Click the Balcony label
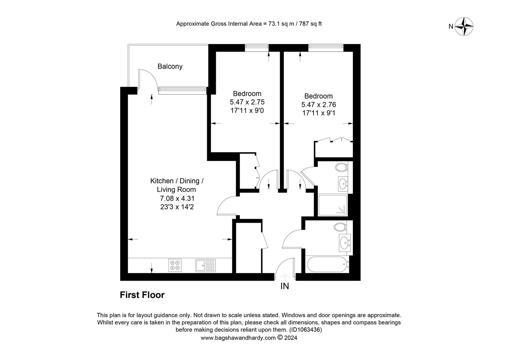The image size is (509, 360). (170, 66)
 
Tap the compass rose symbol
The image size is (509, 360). (464, 27)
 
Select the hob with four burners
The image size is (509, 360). (175, 265)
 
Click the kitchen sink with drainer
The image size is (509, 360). (205, 265)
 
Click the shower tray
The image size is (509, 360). (333, 205)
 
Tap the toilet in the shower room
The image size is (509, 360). (341, 168)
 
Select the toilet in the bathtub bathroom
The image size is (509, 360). (340, 227)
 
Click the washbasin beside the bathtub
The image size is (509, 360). (345, 243)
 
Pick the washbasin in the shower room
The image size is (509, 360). (343, 183)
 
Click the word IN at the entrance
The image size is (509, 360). (285, 286)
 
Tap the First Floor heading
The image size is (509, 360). (142, 295)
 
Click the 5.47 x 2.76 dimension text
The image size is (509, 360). (318, 105)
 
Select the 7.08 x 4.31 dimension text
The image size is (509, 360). (177, 198)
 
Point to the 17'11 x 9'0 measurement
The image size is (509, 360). (247, 111)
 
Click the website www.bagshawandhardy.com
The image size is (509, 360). (238, 338)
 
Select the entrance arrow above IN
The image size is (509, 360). (285, 277)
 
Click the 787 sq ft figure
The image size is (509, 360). (310, 24)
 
